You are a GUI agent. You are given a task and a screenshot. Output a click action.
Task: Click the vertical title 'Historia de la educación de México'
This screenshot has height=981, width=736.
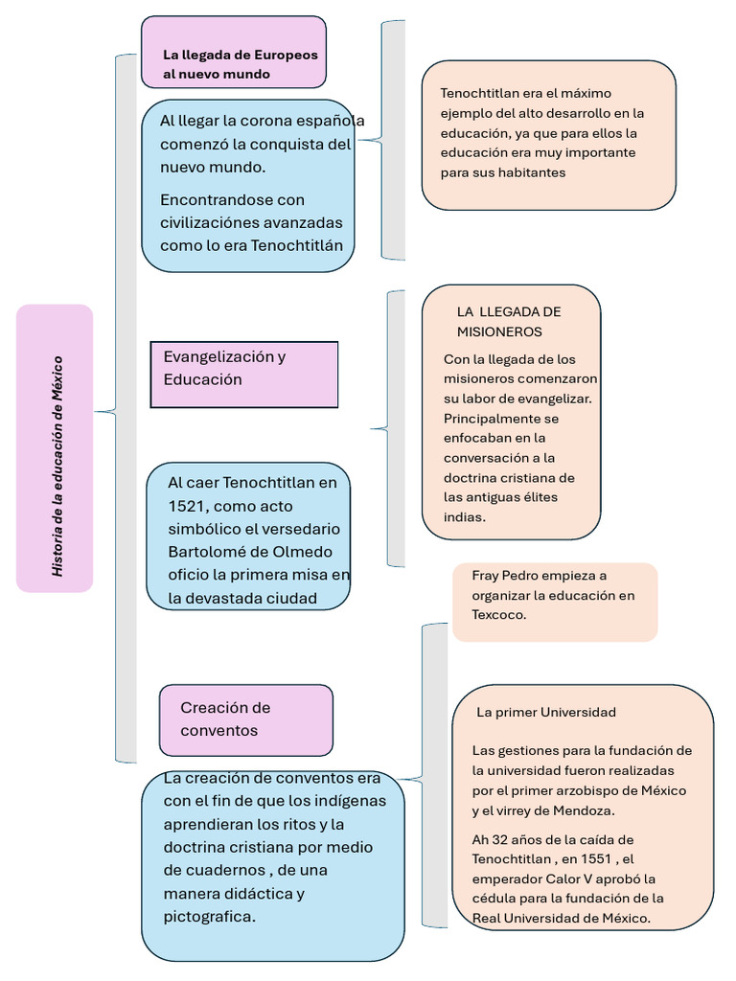click(57, 466)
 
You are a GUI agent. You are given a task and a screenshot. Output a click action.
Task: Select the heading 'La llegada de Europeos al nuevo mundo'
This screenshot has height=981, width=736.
click(240, 64)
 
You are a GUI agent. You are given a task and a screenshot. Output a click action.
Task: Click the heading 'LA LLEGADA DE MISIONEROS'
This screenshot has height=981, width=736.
click(508, 322)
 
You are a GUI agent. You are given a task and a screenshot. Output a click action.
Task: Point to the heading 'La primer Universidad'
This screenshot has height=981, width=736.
click(546, 712)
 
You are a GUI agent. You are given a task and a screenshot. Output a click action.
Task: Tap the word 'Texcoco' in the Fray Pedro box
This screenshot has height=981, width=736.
click(497, 614)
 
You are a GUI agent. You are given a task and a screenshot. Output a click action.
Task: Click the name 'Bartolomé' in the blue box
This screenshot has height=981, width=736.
click(205, 552)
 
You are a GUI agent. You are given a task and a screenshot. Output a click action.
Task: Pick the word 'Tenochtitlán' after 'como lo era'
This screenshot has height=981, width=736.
click(296, 245)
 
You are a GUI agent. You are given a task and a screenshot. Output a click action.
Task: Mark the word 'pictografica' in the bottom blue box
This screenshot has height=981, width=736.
click(208, 917)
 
